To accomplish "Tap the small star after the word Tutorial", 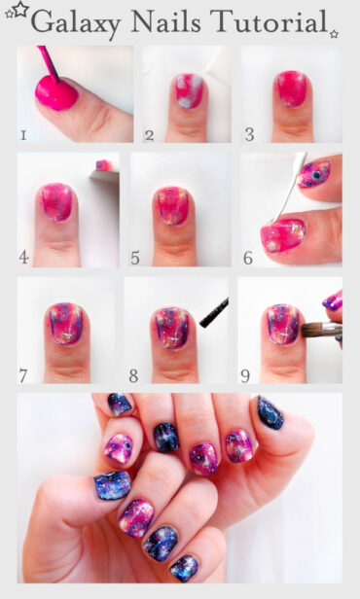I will (334, 33).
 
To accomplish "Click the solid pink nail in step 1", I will (56, 93).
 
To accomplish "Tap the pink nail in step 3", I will (290, 88).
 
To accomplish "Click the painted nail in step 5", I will (173, 206).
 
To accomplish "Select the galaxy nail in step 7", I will (66, 324).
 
